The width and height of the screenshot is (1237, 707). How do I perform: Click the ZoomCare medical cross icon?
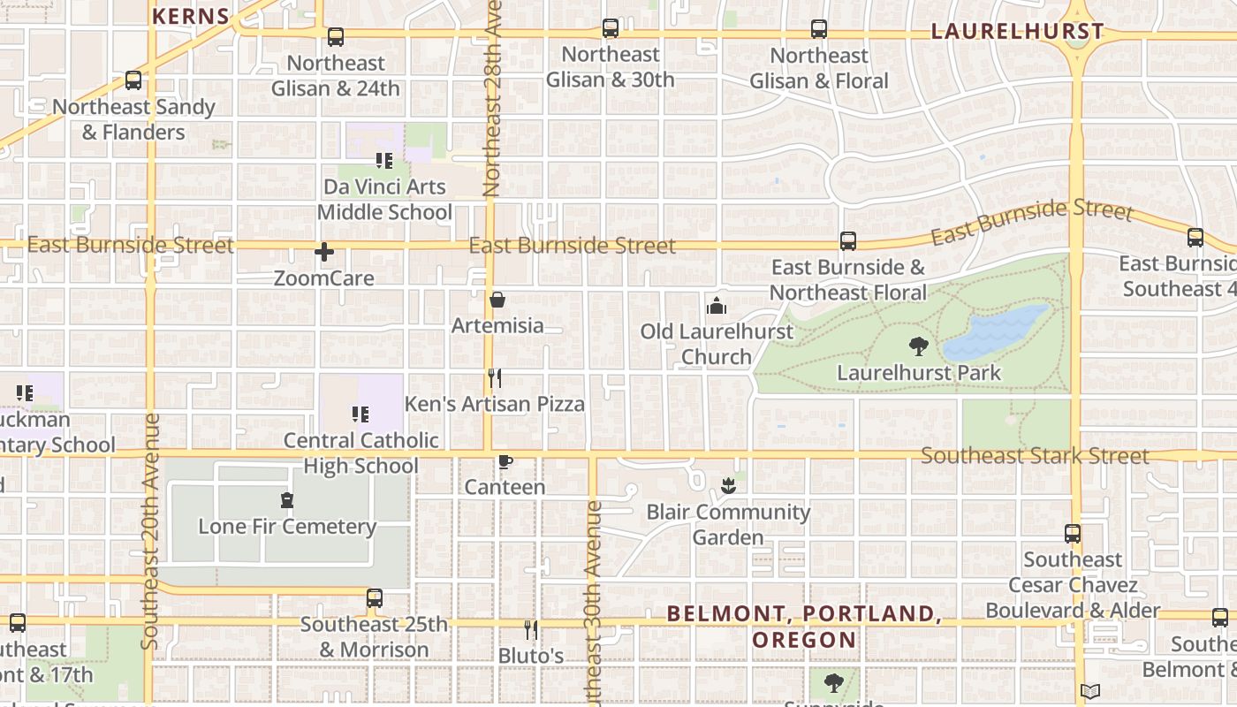pyautogui.click(x=324, y=252)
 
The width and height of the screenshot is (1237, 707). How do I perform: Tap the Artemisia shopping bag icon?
pyautogui.click(x=497, y=300)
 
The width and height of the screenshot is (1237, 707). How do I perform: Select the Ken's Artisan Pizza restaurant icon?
pyautogui.click(x=495, y=378)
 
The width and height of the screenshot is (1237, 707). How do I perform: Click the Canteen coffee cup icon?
pyautogui.click(x=505, y=461)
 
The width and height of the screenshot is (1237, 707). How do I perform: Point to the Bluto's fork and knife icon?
pyautogui.click(x=530, y=629)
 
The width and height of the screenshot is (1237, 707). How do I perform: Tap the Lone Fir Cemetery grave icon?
pyautogui.click(x=286, y=501)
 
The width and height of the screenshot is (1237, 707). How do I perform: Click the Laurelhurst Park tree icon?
pyautogui.click(x=919, y=346)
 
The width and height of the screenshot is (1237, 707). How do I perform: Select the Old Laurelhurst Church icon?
pyautogui.click(x=716, y=307)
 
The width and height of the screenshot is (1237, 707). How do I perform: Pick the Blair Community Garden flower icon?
pyautogui.click(x=728, y=485)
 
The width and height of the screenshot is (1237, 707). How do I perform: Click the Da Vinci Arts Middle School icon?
pyautogui.click(x=384, y=161)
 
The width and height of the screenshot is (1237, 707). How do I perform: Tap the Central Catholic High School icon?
pyautogui.click(x=360, y=414)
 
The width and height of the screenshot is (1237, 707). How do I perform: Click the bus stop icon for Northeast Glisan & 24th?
pyautogui.click(x=335, y=37)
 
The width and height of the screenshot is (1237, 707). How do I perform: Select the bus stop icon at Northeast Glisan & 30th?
pyautogui.click(x=610, y=28)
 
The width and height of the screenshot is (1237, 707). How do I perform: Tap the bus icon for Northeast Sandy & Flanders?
pyautogui.click(x=133, y=80)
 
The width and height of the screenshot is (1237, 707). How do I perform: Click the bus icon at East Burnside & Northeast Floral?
pyautogui.click(x=847, y=241)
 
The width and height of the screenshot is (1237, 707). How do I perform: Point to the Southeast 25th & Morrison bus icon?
pyautogui.click(x=375, y=598)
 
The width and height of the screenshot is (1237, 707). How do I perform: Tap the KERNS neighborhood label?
pyautogui.click(x=191, y=16)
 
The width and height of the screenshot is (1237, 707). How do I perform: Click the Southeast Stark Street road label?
pyautogui.click(x=1035, y=456)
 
